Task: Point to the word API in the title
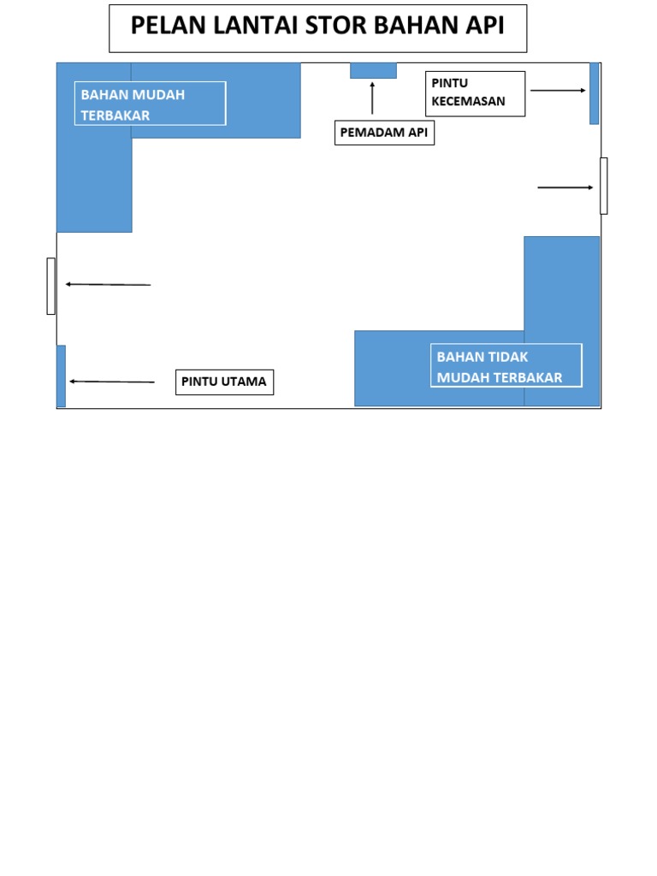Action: tap(483, 27)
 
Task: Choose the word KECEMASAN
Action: tap(469, 101)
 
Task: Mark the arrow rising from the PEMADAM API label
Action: tap(372, 98)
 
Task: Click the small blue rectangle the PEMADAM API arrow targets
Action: tap(373, 70)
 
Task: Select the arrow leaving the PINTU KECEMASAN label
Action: tap(558, 90)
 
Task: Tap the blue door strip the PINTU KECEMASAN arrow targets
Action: tap(594, 93)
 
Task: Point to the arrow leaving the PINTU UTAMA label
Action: tap(112, 382)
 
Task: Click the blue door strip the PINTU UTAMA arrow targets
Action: tap(61, 376)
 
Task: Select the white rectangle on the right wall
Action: tap(604, 186)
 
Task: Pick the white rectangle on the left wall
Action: tap(51, 286)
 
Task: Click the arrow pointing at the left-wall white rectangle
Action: tap(108, 284)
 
